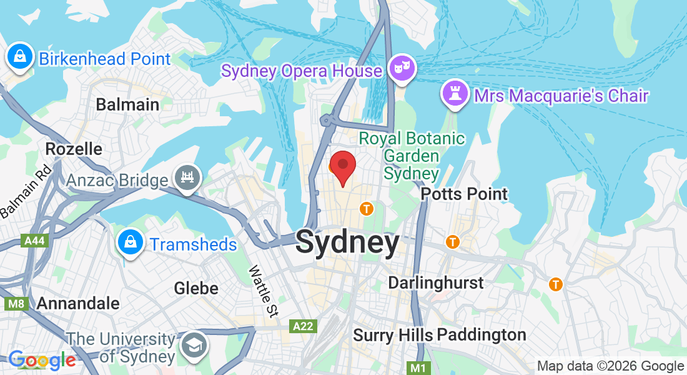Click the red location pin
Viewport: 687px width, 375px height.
tap(342, 166)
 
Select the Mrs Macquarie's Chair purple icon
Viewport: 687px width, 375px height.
tap(454, 95)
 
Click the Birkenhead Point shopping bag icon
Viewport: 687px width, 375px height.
tap(20, 57)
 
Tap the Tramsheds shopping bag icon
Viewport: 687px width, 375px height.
tap(130, 242)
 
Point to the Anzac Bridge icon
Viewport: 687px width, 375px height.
tap(187, 176)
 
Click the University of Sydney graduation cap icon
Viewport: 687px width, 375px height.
tap(194, 346)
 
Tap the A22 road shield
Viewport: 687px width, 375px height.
tap(304, 326)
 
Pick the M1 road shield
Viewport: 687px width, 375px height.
tap(417, 367)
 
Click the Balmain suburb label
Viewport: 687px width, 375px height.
tap(127, 104)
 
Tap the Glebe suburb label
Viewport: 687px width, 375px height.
tap(196, 288)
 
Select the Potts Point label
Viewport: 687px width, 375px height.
tap(464, 194)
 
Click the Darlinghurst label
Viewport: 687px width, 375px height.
tap(435, 282)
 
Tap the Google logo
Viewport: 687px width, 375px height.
tap(42, 360)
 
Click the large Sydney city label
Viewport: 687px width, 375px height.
tap(347, 242)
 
